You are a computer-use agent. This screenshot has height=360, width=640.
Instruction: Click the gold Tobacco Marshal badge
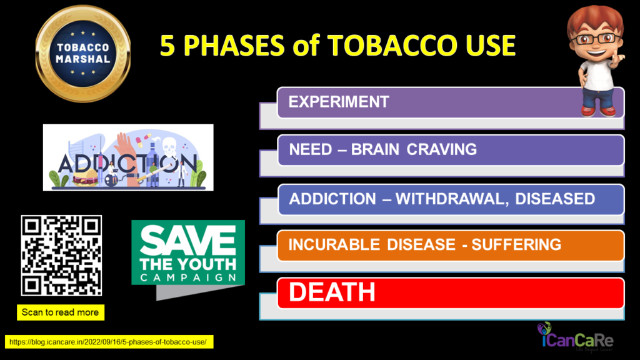click(x=83, y=54)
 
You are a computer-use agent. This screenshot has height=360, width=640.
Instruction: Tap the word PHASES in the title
click(x=234, y=45)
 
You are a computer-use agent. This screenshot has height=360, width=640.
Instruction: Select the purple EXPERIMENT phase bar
click(x=451, y=102)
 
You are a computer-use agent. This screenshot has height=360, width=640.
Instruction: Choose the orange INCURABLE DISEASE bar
click(x=451, y=245)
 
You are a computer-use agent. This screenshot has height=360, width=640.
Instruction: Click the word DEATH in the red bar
click(x=332, y=292)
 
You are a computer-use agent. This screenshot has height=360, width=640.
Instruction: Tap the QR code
click(x=61, y=256)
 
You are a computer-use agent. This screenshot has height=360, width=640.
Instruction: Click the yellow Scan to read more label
click(x=61, y=312)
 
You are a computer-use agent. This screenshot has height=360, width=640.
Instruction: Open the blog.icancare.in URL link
click(x=109, y=342)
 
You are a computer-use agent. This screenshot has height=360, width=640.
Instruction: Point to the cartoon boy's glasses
click(x=596, y=39)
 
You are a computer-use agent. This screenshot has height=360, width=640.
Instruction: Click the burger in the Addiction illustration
click(x=86, y=177)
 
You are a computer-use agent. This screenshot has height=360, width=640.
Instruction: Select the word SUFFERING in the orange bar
click(x=516, y=245)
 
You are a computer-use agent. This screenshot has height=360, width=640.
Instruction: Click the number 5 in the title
click(x=167, y=45)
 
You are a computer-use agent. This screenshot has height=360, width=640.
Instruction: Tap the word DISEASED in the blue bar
click(x=555, y=199)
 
